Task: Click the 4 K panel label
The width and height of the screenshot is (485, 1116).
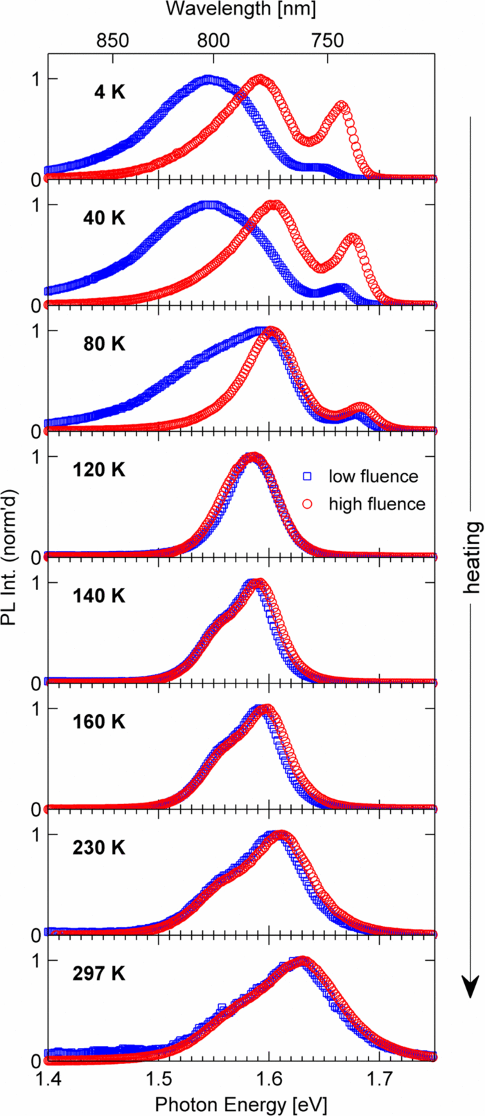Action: [x=110, y=91]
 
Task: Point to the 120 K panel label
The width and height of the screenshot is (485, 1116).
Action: [x=99, y=470]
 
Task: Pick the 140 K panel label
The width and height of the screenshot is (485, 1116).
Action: [x=99, y=596]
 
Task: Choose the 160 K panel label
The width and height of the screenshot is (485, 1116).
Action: [x=99, y=722]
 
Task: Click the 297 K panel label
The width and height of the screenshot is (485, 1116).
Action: [x=99, y=974]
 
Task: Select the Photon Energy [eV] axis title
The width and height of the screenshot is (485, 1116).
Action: [x=240, y=1104]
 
